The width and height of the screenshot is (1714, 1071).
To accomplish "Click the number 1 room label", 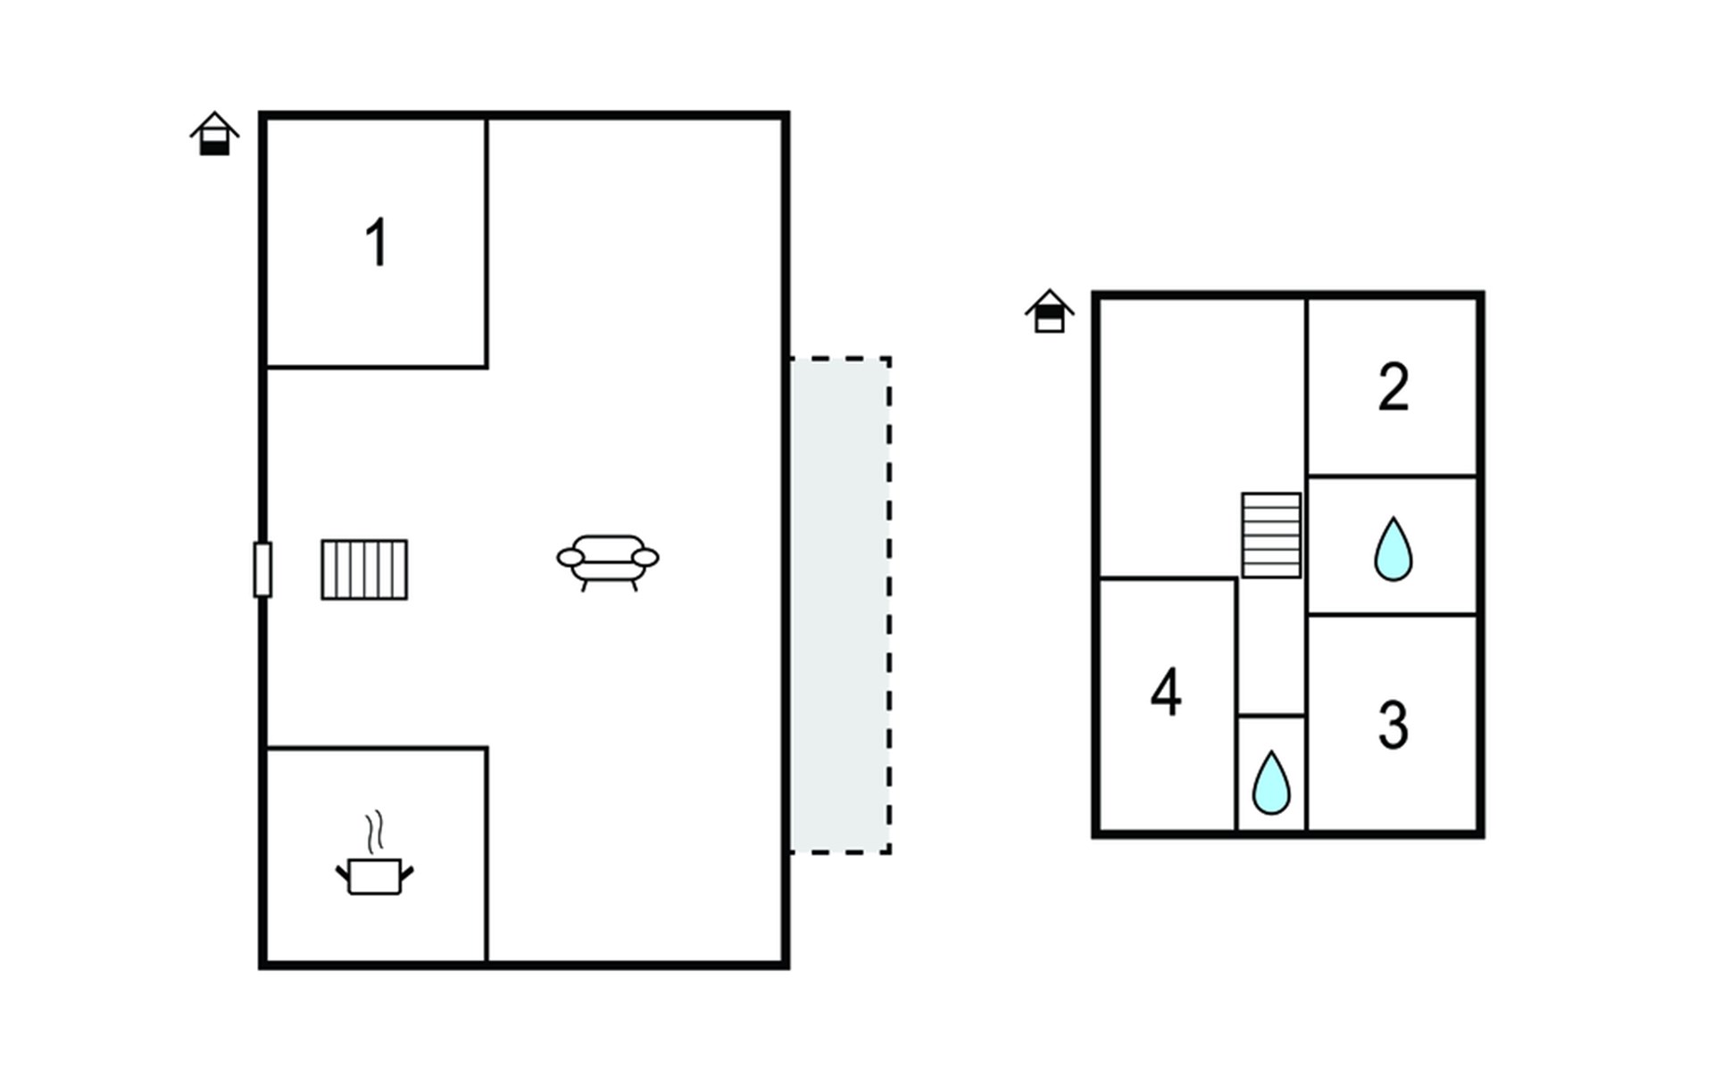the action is (x=378, y=243).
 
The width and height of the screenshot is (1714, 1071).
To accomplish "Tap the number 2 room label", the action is (x=1394, y=387).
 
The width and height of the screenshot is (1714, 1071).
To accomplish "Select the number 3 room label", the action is (x=1394, y=725).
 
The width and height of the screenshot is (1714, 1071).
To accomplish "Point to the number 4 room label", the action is (x=1166, y=692).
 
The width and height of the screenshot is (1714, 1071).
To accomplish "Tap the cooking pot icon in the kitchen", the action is (x=375, y=875).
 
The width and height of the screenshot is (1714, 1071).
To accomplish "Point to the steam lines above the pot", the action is (x=376, y=832).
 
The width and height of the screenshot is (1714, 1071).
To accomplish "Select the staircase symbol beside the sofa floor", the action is (x=364, y=569).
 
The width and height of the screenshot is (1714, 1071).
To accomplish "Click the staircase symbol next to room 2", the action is (x=1271, y=535).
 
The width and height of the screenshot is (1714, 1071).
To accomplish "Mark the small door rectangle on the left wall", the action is (x=262, y=569).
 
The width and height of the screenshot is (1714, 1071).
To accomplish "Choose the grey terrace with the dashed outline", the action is (x=840, y=605).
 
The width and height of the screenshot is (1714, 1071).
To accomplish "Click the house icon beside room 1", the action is (x=214, y=134).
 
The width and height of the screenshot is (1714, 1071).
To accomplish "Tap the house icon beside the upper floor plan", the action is (x=1050, y=311).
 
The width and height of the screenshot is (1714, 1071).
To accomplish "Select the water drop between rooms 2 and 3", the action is (x=1393, y=550).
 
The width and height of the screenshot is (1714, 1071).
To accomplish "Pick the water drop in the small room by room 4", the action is (x=1271, y=783).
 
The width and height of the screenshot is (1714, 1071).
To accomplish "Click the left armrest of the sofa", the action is (x=570, y=558).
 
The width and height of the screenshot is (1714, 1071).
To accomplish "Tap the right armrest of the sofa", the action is (x=645, y=558).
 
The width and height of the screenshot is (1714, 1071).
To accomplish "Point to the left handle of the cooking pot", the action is (x=342, y=873).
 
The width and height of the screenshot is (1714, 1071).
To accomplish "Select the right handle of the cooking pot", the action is (x=407, y=873).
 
